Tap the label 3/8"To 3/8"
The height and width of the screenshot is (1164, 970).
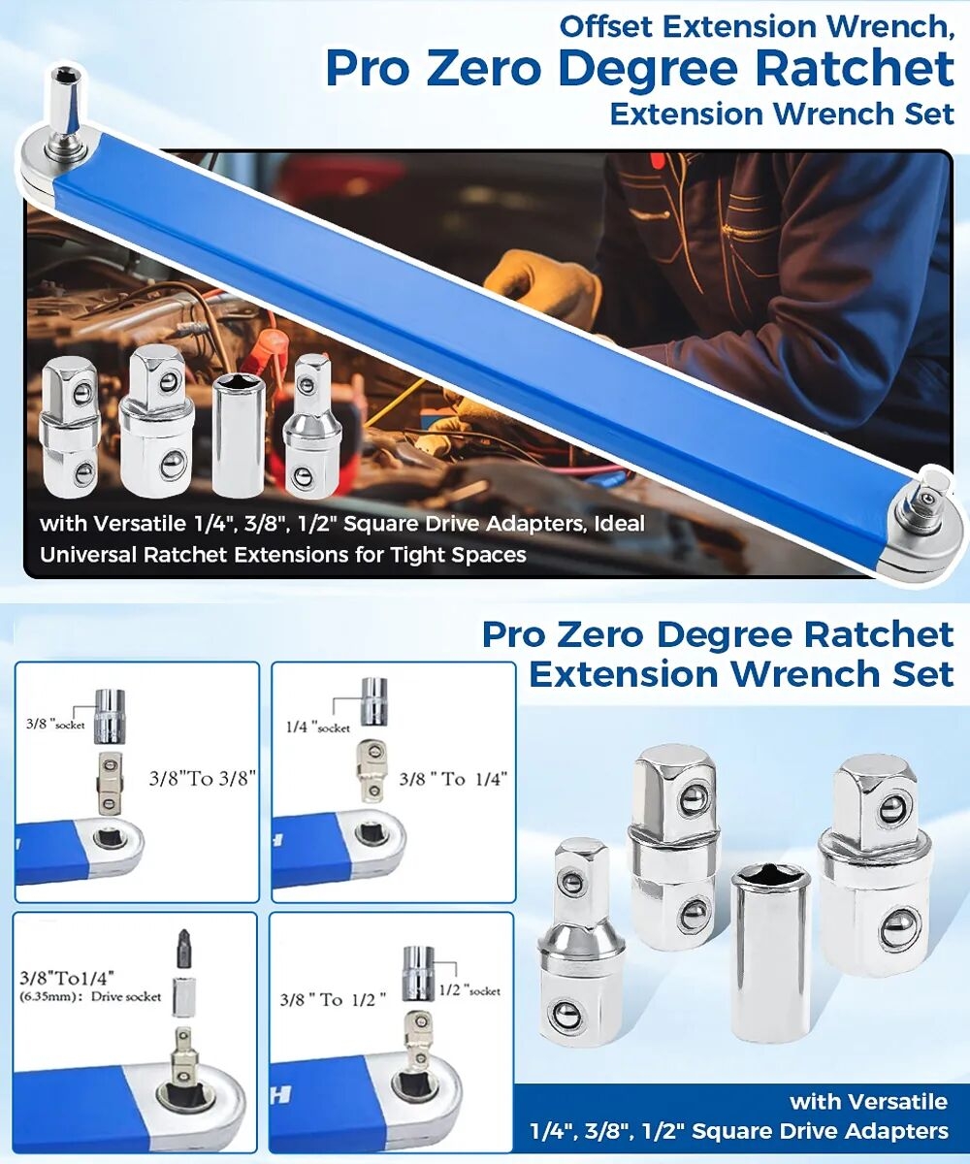coord(203,778)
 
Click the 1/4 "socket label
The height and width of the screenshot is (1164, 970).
coord(318,727)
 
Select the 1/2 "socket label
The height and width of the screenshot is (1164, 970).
coord(469,990)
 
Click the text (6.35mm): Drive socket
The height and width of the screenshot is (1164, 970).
coord(90,996)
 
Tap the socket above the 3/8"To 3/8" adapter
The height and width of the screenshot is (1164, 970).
coord(110,717)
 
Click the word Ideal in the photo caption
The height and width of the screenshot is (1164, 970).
coord(619,524)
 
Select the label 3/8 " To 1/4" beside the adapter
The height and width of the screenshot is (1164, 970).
coord(453,779)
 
